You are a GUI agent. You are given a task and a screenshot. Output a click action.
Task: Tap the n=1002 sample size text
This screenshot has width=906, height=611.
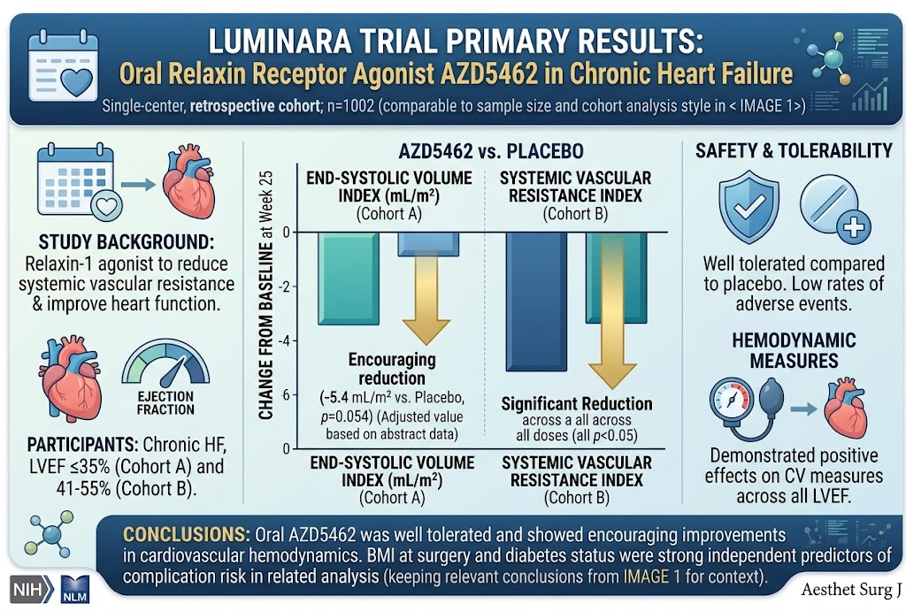pos(350,106)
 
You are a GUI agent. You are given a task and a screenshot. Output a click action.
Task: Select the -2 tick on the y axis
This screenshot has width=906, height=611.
pos(286,287)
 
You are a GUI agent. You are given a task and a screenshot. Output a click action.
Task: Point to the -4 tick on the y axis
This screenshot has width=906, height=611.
pos(286,340)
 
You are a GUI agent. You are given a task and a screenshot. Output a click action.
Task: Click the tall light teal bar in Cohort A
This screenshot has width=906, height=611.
pos(349,279)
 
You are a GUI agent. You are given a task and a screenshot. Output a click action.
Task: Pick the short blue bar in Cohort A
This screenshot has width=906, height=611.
pos(428,244)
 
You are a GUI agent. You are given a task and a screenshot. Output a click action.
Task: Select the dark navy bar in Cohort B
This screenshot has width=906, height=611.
pos(536,302)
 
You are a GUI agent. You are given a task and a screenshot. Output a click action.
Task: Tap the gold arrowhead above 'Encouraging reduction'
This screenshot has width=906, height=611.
pos(426,332)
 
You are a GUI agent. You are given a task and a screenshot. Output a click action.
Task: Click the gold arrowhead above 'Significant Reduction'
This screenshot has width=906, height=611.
pos(612,376)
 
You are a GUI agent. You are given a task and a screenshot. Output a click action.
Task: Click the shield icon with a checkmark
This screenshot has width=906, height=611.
pos(749,206)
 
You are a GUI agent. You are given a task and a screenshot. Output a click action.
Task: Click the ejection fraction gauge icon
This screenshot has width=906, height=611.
pos(165,363)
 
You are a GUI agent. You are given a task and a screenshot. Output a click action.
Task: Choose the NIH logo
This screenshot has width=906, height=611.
pos(32,590)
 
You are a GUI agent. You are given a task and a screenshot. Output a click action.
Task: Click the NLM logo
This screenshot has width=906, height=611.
pos(74,590)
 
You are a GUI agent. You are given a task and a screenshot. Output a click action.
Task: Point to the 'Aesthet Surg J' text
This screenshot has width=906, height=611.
pos(851,589)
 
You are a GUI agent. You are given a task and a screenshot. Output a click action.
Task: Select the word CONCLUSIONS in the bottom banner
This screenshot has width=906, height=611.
pos(187,534)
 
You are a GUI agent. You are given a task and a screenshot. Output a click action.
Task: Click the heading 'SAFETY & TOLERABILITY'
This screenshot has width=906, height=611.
pos(794,150)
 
